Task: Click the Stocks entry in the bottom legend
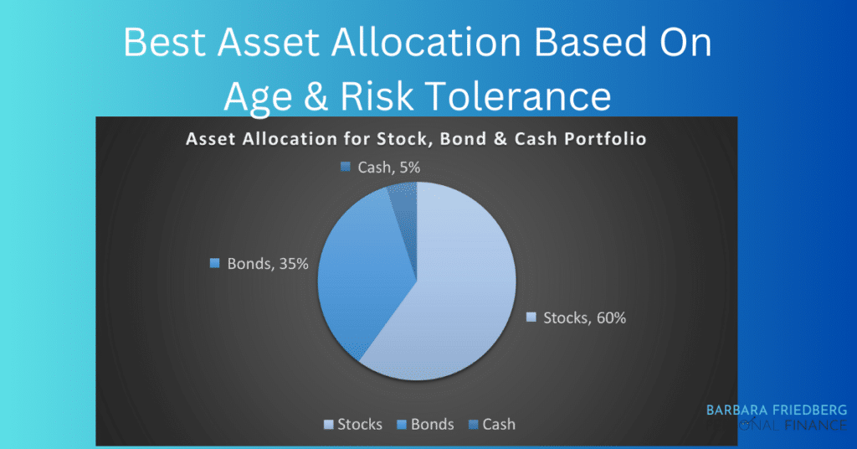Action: pyautogui.click(x=352, y=424)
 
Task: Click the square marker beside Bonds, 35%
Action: pyautogui.click(x=215, y=264)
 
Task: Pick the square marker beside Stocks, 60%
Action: pyautogui.click(x=531, y=317)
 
